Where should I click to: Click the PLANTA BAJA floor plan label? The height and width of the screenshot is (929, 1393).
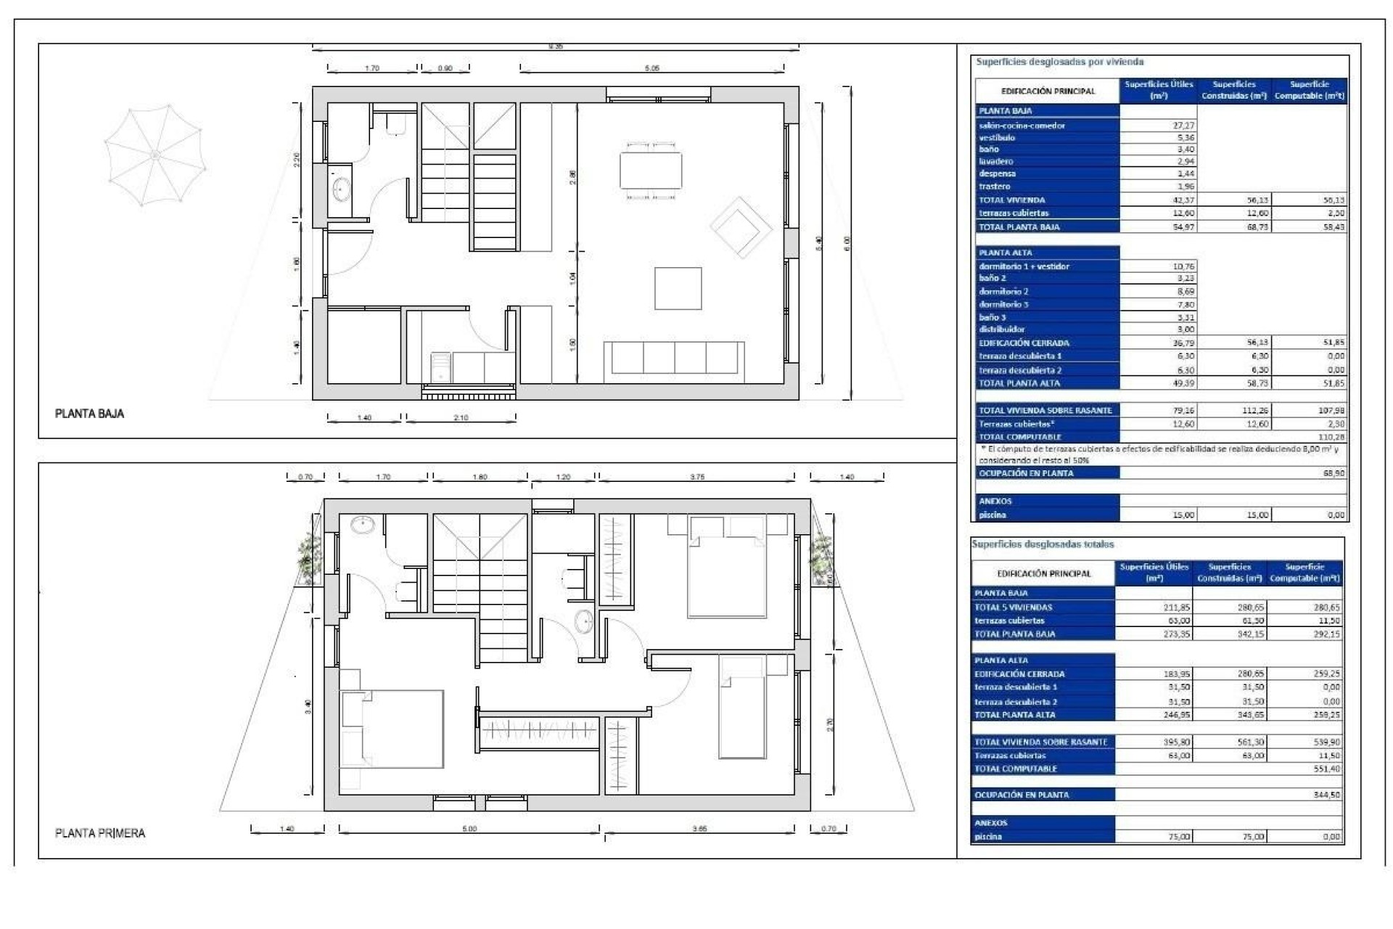pyautogui.click(x=90, y=414)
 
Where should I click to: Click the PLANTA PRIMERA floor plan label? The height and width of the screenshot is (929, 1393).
pyautogui.click(x=100, y=833)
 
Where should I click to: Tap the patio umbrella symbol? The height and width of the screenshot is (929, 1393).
pyautogui.click(x=155, y=155)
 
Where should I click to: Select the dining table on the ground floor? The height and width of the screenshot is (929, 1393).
pyautogui.click(x=651, y=170)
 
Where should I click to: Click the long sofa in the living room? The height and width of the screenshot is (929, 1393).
pyautogui.click(x=674, y=359)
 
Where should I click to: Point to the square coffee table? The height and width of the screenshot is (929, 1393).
pyautogui.click(x=678, y=289)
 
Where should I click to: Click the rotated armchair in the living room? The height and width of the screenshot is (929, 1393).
pyautogui.click(x=740, y=227)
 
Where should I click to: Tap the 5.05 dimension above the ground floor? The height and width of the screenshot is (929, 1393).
pyautogui.click(x=652, y=68)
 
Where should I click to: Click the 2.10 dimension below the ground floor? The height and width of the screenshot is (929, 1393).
pyautogui.click(x=461, y=418)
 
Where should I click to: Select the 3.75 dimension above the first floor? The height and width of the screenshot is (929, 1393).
pyautogui.click(x=696, y=477)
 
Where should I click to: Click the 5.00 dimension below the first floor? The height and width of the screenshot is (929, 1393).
pyautogui.click(x=469, y=829)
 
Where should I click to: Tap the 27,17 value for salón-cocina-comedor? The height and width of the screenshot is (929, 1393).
pyautogui.click(x=1183, y=126)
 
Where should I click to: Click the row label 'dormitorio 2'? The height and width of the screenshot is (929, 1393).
pyautogui.click(x=1003, y=292)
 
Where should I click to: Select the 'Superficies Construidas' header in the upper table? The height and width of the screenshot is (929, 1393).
pyautogui.click(x=1233, y=90)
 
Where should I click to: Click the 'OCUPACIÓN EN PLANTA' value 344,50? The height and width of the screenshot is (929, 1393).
pyautogui.click(x=1326, y=795)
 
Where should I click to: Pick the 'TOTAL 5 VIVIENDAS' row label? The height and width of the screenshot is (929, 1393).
pyautogui.click(x=1013, y=607)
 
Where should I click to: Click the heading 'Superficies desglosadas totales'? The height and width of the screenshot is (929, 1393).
pyautogui.click(x=1043, y=544)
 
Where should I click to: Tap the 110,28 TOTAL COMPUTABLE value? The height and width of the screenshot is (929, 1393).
pyautogui.click(x=1331, y=437)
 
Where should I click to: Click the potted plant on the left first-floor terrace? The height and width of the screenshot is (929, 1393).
pyautogui.click(x=309, y=555)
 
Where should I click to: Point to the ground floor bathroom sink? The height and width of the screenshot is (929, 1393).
pyautogui.click(x=341, y=189)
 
